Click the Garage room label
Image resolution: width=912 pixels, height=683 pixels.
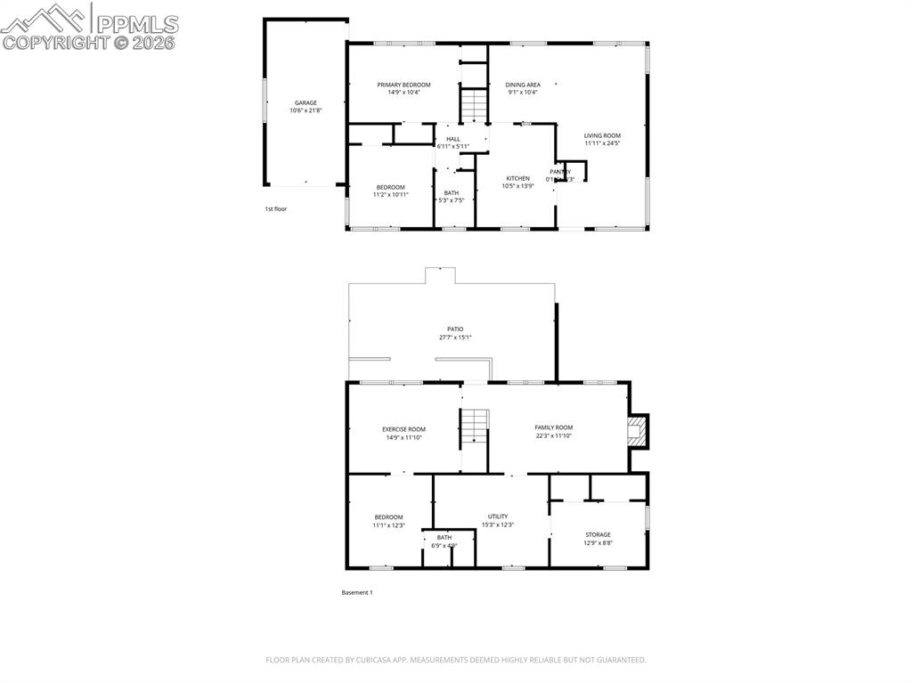[x=305, y=102]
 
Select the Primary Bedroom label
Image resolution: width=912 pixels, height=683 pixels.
[x=403, y=85]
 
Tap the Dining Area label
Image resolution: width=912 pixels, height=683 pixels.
[x=523, y=85]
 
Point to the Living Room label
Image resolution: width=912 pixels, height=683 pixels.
[x=602, y=135]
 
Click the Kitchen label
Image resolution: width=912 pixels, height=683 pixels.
[x=517, y=178]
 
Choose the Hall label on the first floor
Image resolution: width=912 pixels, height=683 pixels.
[x=453, y=139]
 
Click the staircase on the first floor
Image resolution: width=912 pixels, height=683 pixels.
[x=474, y=106]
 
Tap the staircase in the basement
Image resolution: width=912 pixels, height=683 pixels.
[x=474, y=428]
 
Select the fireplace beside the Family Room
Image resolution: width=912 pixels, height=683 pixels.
[x=636, y=432]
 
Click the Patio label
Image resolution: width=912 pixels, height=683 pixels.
[x=455, y=329]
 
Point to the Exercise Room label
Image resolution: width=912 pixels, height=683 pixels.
[x=403, y=428]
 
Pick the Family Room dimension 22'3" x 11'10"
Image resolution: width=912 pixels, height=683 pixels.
[x=553, y=436]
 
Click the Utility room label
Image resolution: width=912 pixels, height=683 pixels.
[x=498, y=516]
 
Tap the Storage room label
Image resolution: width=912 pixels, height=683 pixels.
[x=598, y=534]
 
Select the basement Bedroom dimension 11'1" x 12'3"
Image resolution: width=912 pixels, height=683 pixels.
[x=388, y=525]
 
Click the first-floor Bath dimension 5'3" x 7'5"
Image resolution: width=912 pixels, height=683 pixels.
[x=452, y=200]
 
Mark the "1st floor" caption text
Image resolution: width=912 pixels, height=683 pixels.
[x=275, y=208]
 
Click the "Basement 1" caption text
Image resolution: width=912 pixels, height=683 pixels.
[x=356, y=592]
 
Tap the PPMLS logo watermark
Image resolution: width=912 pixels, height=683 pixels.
[x=90, y=27]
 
